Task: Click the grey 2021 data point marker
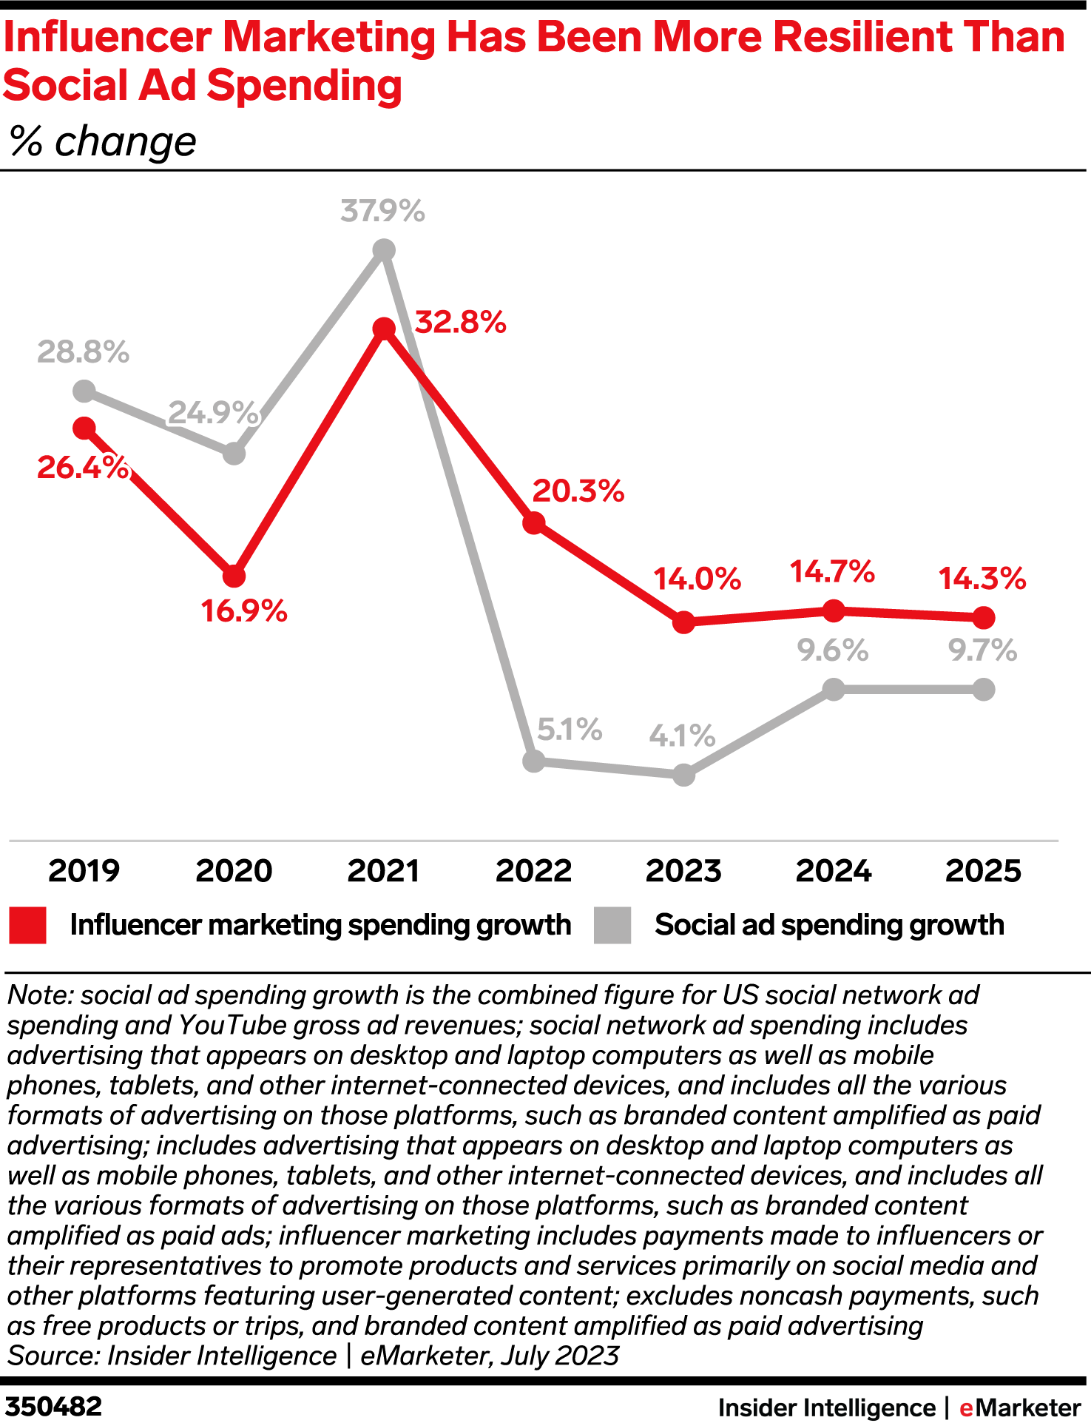(383, 250)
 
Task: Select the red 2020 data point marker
(234, 576)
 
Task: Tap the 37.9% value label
(382, 212)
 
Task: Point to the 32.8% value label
(460, 323)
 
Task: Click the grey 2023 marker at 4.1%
(684, 775)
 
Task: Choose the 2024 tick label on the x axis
(834, 871)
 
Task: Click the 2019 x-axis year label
(84, 871)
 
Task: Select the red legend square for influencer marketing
(28, 926)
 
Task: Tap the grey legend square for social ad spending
(612, 926)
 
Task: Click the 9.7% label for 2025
(982, 651)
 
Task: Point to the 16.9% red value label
(244, 611)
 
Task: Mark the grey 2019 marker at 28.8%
(84, 391)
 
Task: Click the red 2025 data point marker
(983, 616)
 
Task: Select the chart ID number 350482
(53, 1407)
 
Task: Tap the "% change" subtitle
(103, 141)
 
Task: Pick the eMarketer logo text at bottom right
(1020, 1407)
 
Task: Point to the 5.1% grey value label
(569, 730)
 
